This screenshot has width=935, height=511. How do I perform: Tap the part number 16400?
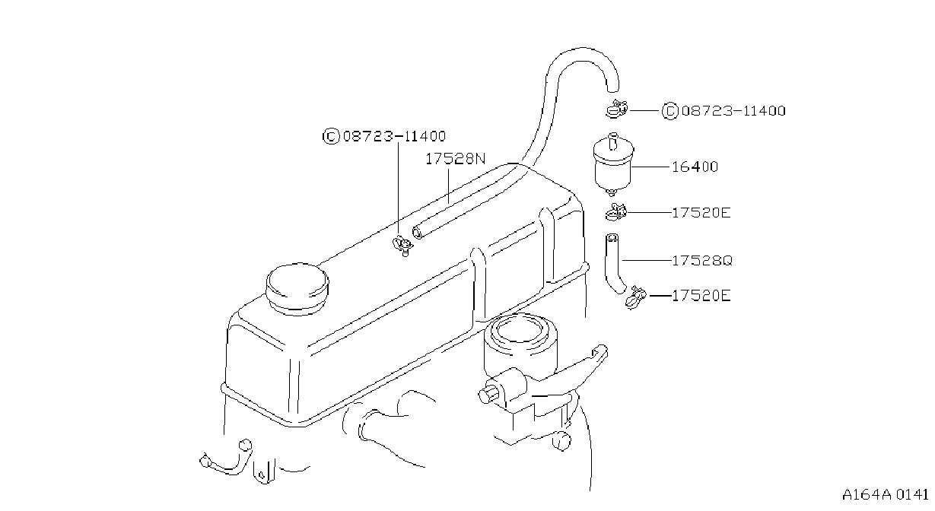(x=695, y=167)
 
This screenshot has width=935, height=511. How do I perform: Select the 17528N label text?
(x=456, y=159)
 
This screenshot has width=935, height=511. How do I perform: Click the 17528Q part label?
(x=702, y=261)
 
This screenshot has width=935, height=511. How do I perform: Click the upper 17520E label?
(x=701, y=213)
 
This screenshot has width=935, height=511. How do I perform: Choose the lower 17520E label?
(x=701, y=296)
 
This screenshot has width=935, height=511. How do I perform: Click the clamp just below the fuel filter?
(x=616, y=212)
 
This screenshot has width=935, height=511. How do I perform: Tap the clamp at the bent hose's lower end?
(x=636, y=297)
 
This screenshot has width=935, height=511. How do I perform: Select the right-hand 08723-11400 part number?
(x=733, y=111)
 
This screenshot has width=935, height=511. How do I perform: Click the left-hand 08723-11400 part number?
(x=394, y=136)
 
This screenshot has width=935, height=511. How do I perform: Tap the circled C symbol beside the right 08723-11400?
(x=670, y=111)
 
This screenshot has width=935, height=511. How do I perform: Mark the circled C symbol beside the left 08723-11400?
(x=331, y=136)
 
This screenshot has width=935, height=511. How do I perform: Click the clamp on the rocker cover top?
(x=402, y=246)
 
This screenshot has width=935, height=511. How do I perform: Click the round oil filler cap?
(x=297, y=289)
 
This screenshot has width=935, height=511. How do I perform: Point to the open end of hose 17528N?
(x=417, y=233)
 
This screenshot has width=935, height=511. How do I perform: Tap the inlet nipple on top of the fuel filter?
(x=613, y=141)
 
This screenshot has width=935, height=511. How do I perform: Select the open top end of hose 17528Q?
(x=612, y=237)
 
